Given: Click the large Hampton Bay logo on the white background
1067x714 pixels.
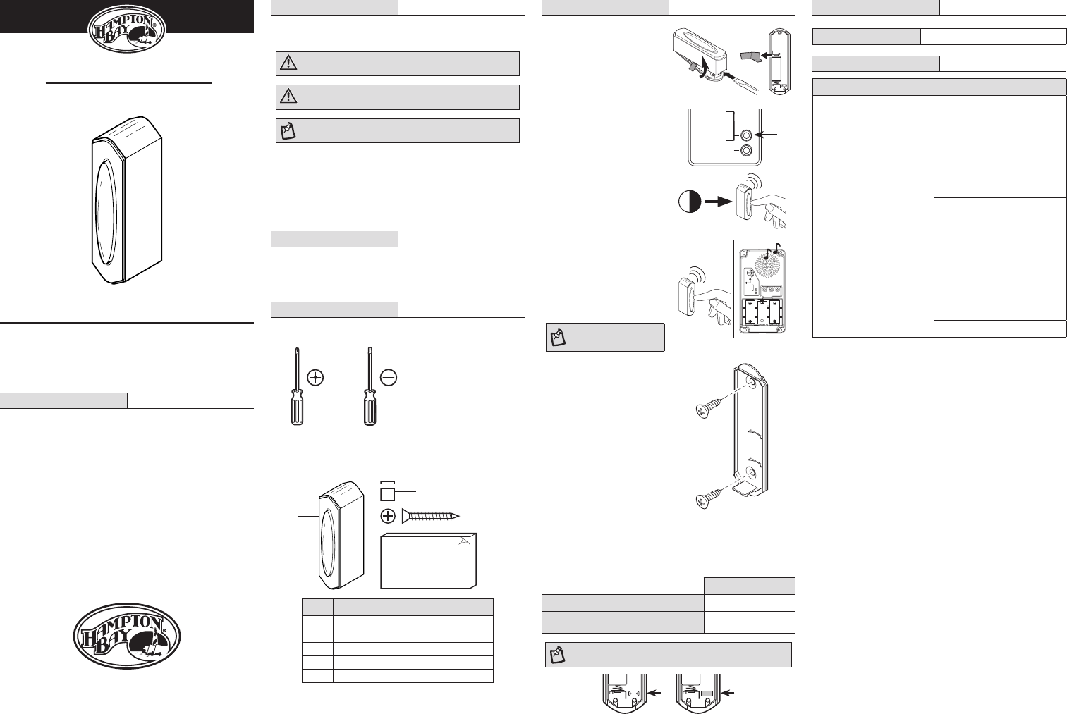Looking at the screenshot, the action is point(127,636).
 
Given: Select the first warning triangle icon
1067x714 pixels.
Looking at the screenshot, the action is point(288,63).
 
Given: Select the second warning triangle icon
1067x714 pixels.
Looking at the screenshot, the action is point(288,97).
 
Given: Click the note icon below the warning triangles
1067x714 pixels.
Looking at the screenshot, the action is point(288,131).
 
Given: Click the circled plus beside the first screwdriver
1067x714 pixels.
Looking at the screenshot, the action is point(315,378).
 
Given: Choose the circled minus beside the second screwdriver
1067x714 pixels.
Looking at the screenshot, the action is point(388,378).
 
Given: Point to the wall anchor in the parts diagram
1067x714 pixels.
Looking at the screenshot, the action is point(387,491).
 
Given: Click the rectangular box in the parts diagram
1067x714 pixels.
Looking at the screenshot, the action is point(428,560).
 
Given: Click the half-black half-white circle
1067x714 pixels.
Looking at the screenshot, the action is point(689,202).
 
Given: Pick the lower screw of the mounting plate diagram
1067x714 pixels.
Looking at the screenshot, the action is point(707,500).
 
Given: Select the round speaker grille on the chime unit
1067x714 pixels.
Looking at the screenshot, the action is point(767,269).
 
